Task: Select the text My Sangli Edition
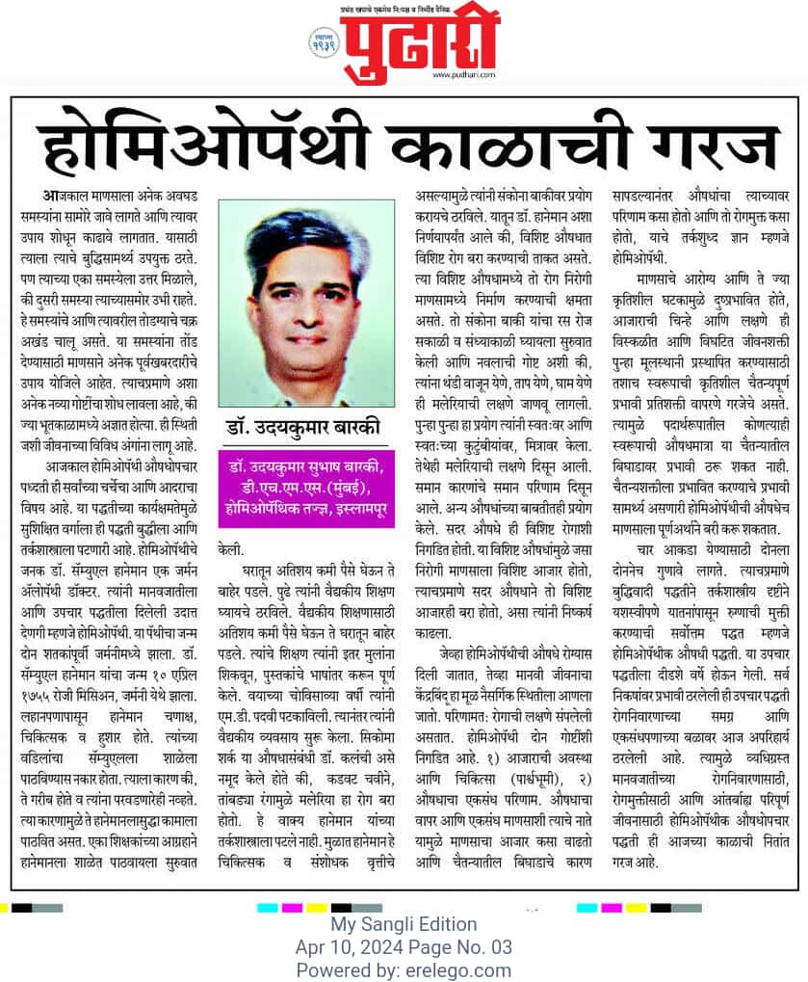click(x=404, y=924)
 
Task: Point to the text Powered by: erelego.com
click(x=404, y=969)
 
